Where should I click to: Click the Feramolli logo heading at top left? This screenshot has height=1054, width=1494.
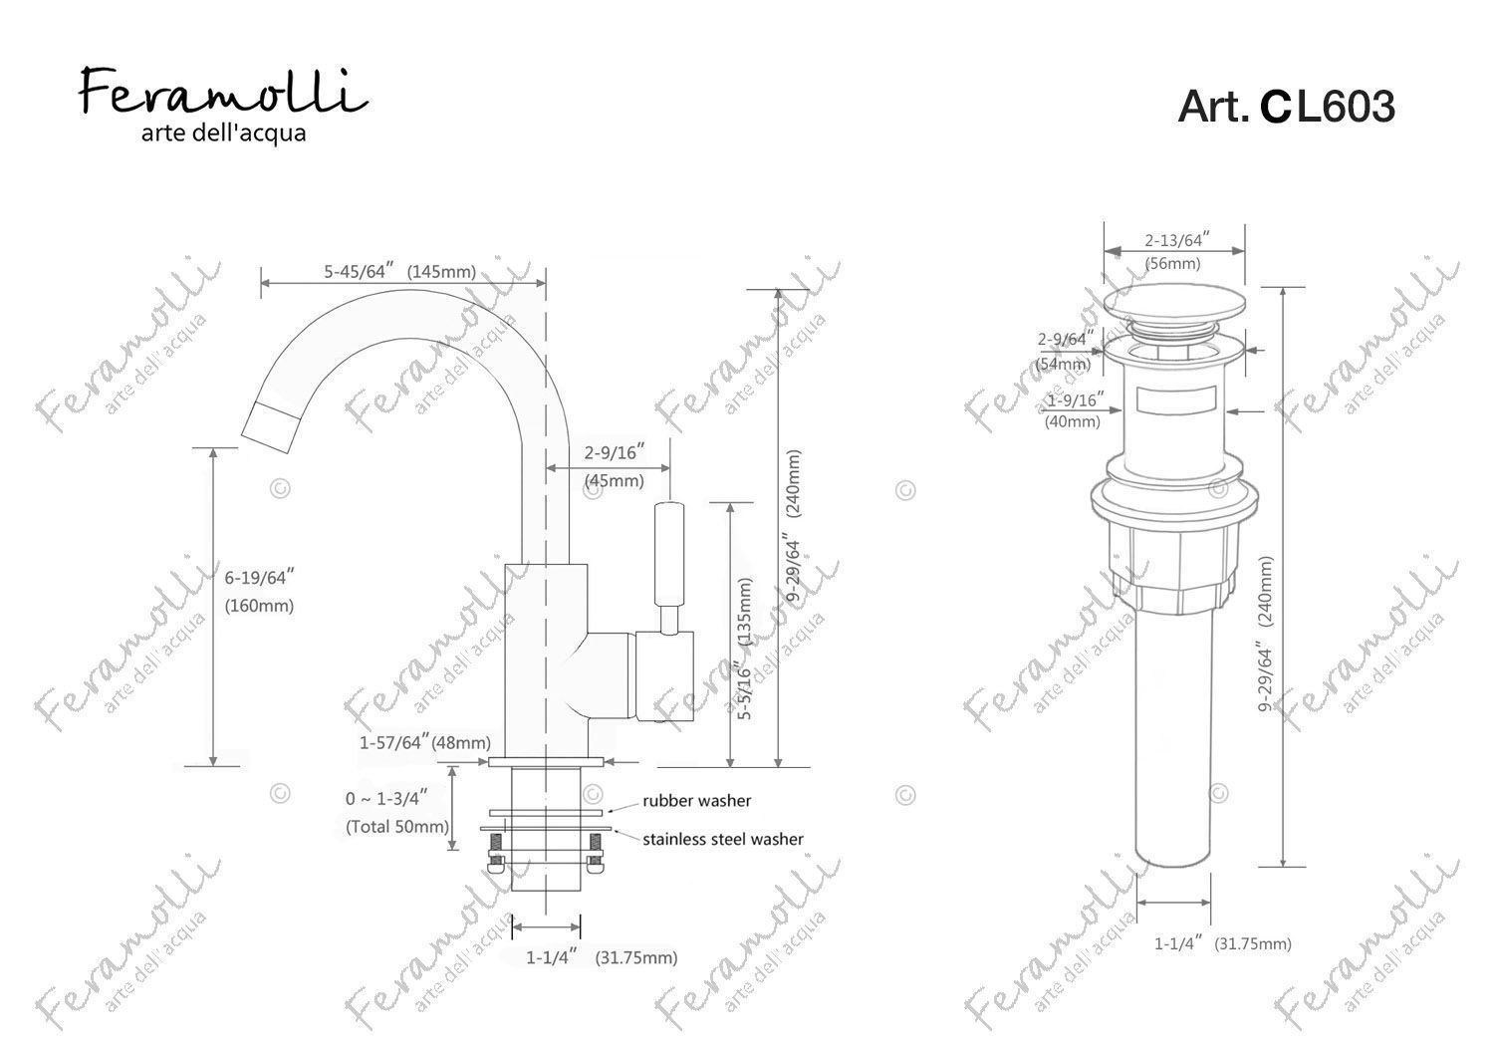(x=223, y=91)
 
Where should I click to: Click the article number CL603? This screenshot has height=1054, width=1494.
(x=1328, y=107)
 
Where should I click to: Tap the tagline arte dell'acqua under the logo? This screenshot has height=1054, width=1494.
(x=223, y=133)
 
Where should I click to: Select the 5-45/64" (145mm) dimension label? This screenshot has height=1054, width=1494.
(x=400, y=272)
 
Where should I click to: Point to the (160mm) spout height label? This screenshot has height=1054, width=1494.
(x=259, y=606)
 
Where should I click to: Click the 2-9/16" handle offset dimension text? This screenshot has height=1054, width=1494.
(x=615, y=452)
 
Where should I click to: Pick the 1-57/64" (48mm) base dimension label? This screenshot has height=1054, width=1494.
(x=425, y=742)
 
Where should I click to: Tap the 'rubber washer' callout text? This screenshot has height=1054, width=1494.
(x=697, y=801)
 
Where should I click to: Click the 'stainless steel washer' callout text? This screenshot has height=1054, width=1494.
(x=723, y=839)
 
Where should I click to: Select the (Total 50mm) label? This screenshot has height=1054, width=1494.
(x=397, y=827)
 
